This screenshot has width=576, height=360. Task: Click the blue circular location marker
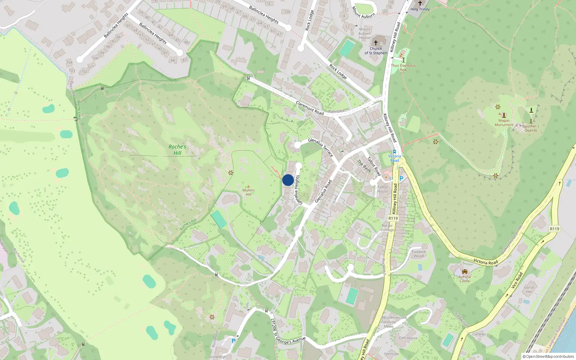coord(288,180)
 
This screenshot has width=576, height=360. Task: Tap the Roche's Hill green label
coord(177,150)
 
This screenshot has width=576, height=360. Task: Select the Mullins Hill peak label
coord(248,192)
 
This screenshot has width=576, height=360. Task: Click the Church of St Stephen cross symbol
coord(375,42)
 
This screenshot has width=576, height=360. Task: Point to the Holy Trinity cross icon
coord(420,3)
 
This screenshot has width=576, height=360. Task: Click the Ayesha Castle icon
coord(464,271)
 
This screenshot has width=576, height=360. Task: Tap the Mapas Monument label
coord(504,123)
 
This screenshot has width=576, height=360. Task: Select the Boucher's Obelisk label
coord(531,128)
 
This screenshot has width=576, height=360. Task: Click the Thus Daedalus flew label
coord(403,68)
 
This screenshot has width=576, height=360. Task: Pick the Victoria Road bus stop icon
coord(395,152)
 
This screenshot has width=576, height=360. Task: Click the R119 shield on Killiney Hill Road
coord(393,218)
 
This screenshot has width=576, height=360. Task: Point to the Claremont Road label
coord(310,108)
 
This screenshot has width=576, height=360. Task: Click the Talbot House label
coord(383,189)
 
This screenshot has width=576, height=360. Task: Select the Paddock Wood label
coord(419,254)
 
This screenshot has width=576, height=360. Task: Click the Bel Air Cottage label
coord(387,228)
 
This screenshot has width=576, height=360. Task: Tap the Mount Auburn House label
coord(364,33)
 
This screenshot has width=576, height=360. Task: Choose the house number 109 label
coord(287,12)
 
